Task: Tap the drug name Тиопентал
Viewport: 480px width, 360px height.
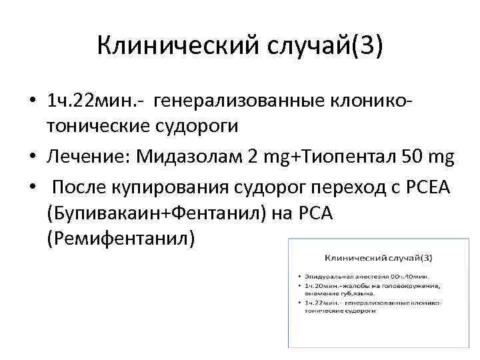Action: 349,157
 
